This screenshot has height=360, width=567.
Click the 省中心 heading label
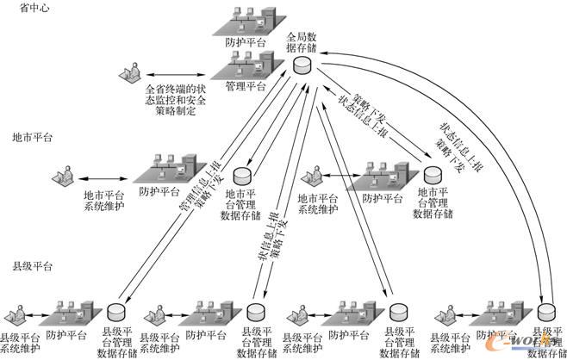tap(28, 8)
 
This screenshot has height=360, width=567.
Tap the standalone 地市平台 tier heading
tap(33, 137)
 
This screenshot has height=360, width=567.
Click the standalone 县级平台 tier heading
tap(33, 266)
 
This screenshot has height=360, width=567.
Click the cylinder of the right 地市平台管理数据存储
tap(433, 172)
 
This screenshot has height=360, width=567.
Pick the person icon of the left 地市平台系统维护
tap(62, 175)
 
